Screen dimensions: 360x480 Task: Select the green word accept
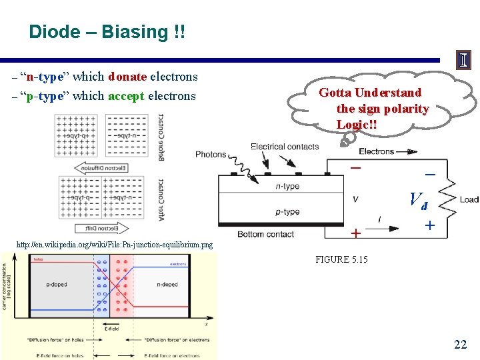pyautogui.click(x=126, y=96)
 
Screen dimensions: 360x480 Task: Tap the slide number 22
pyautogui.click(x=460, y=344)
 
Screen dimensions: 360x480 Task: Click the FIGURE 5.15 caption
pyautogui.click(x=341, y=259)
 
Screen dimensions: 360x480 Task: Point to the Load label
pyautogui.click(x=469, y=199)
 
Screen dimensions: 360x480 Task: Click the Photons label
pyautogui.click(x=211, y=155)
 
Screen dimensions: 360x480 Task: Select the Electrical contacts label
pyautogui.click(x=285, y=147)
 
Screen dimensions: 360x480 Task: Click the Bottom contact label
pyautogui.click(x=265, y=234)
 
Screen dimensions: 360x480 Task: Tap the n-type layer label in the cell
pyautogui.click(x=287, y=187)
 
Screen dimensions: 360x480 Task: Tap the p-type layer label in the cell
pyautogui.click(x=287, y=212)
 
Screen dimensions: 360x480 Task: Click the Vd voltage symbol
pyautogui.click(x=418, y=199)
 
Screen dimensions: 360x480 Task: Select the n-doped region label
pyautogui.click(x=167, y=285)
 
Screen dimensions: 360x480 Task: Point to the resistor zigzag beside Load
pyautogui.click(x=449, y=198)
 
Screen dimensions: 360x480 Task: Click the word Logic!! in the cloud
pyautogui.click(x=357, y=125)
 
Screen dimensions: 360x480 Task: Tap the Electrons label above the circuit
pyautogui.click(x=377, y=151)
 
